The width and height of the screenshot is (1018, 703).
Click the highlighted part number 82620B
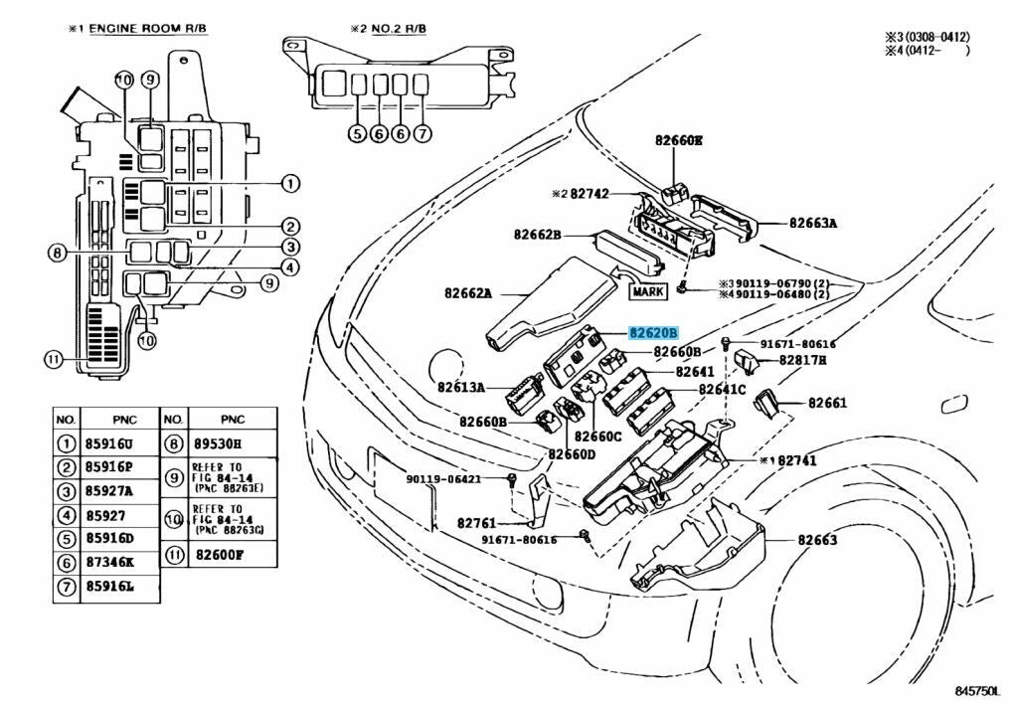[653, 334]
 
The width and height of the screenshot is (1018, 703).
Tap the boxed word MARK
[649, 291]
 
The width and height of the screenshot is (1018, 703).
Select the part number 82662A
[468, 293]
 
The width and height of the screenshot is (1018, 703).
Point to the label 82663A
[813, 224]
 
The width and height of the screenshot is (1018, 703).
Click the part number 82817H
[802, 360]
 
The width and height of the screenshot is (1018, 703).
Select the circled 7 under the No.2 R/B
[423, 133]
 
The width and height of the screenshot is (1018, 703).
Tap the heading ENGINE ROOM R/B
[150, 29]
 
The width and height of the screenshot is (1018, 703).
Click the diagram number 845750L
[979, 689]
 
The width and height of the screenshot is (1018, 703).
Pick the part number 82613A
[461, 387]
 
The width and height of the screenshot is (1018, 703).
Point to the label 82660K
[678, 140]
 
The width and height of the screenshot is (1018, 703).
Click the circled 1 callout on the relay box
[289, 183]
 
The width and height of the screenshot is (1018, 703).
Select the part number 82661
[827, 403]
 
